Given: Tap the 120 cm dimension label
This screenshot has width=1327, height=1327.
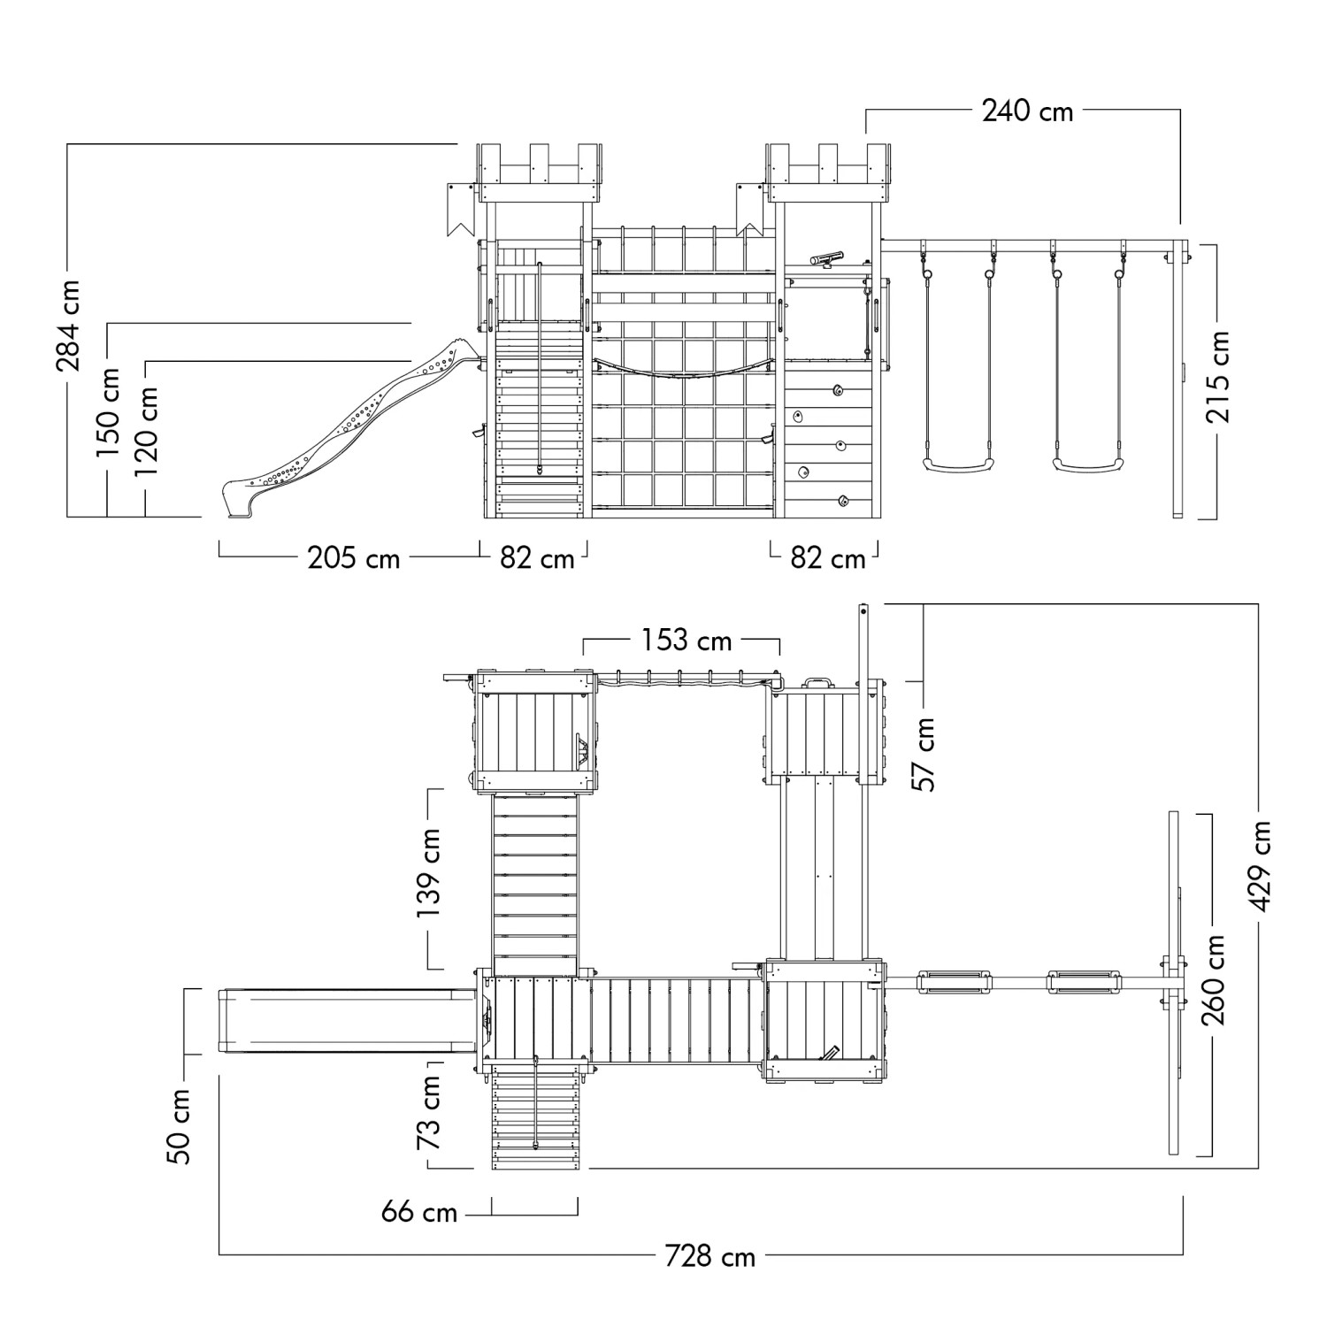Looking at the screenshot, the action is pyautogui.click(x=147, y=432).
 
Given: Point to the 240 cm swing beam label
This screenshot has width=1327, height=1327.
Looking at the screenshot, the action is pyautogui.click(x=1028, y=111).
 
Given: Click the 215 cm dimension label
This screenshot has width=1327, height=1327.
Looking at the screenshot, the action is pyautogui.click(x=1218, y=377).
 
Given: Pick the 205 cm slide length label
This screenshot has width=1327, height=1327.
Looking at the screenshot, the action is pyautogui.click(x=354, y=558).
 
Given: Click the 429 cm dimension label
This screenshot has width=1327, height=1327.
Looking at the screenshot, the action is pyautogui.click(x=1261, y=866).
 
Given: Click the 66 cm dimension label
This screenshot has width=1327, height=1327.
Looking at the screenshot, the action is pyautogui.click(x=419, y=1211).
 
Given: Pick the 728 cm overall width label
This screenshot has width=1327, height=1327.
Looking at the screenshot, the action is pyautogui.click(x=710, y=1256).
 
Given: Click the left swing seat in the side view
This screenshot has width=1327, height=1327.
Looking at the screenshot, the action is pyautogui.click(x=956, y=463).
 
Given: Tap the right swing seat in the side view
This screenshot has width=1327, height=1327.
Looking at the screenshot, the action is pyautogui.click(x=1087, y=463).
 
